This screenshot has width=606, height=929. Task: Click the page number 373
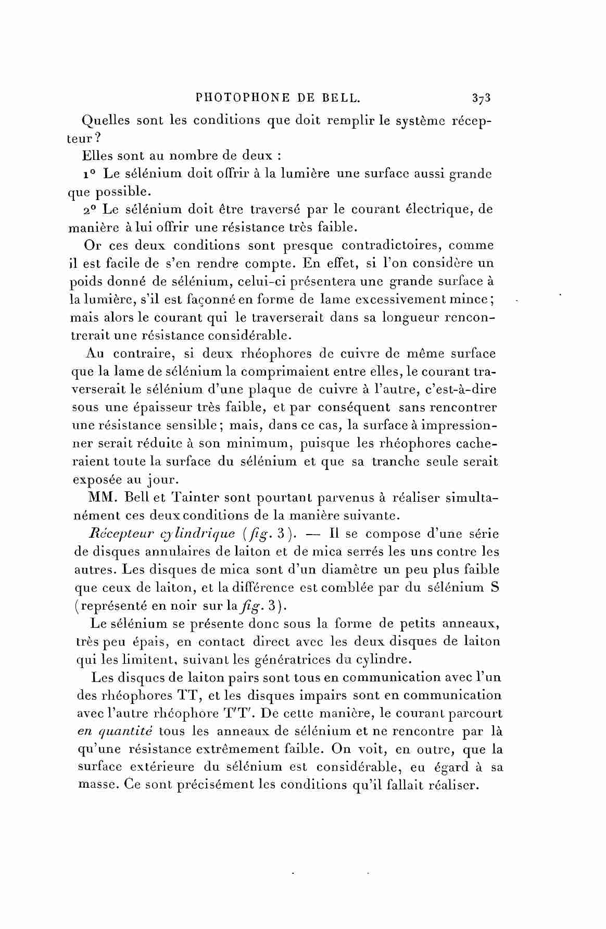(482, 97)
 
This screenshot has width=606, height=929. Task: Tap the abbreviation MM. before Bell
(101, 498)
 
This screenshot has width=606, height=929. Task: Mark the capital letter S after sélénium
(495, 588)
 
